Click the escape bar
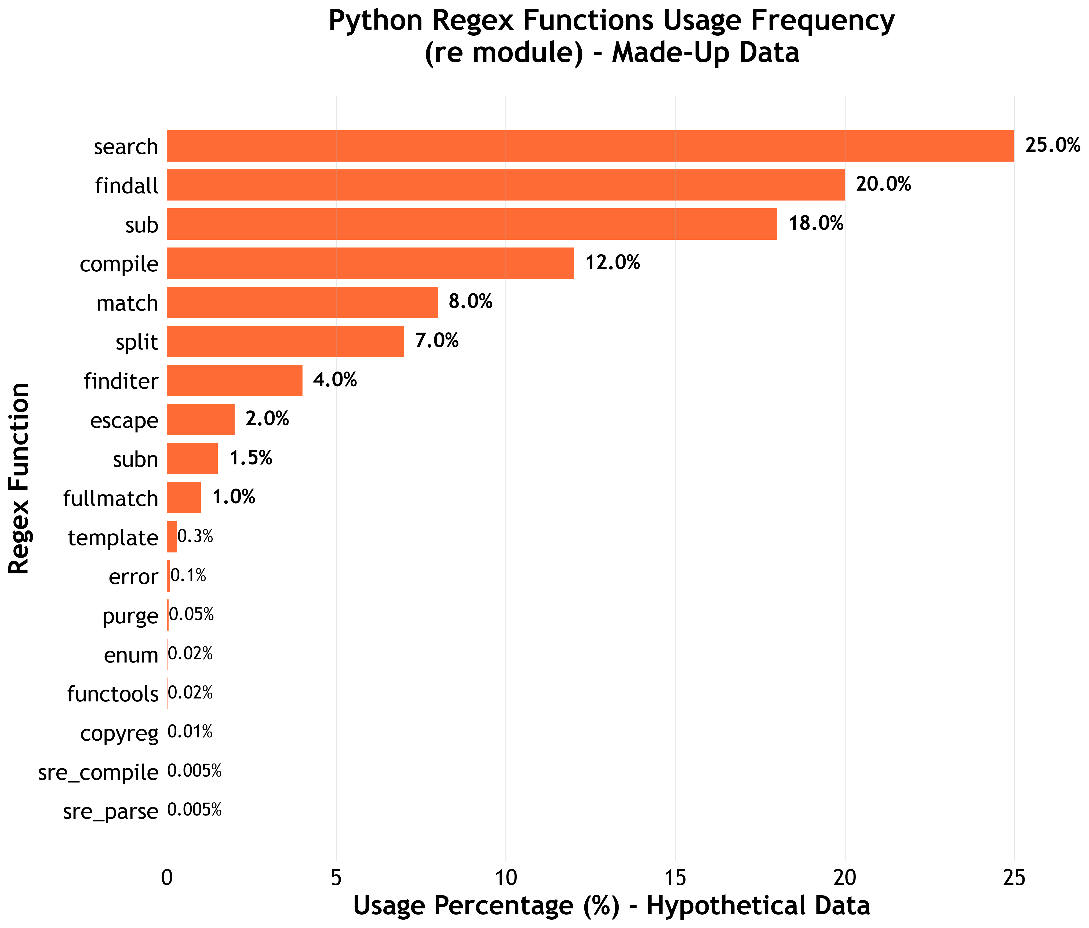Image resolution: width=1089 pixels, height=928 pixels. (201, 419)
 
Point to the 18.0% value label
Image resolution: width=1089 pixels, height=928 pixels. (816, 224)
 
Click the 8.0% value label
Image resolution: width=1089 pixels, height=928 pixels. (470, 302)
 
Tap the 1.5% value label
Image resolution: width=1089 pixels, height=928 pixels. (251, 458)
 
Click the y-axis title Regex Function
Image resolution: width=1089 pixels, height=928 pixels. (19, 478)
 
